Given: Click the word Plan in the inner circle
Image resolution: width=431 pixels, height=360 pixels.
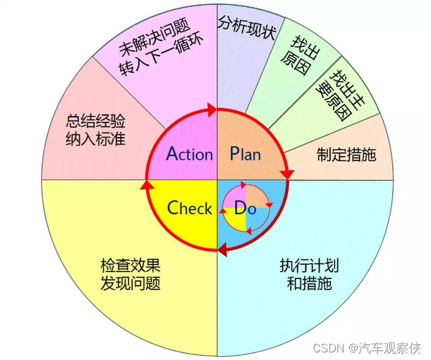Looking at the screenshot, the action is (245, 153).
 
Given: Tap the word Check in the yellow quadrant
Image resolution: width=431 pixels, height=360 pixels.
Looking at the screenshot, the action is (190, 208).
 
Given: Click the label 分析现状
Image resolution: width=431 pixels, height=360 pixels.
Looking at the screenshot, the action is (246, 27).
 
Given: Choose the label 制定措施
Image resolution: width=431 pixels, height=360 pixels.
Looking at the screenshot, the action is (346, 154).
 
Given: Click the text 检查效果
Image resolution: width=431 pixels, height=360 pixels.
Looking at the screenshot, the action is (130, 265).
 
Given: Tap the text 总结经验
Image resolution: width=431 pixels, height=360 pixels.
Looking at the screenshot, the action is (95, 120).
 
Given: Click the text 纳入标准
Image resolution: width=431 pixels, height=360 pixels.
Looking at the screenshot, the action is (95, 138).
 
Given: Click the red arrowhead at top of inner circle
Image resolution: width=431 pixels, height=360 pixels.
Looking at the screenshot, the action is (211, 111).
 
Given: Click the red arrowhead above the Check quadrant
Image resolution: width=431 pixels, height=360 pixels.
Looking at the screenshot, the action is (146, 185).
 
